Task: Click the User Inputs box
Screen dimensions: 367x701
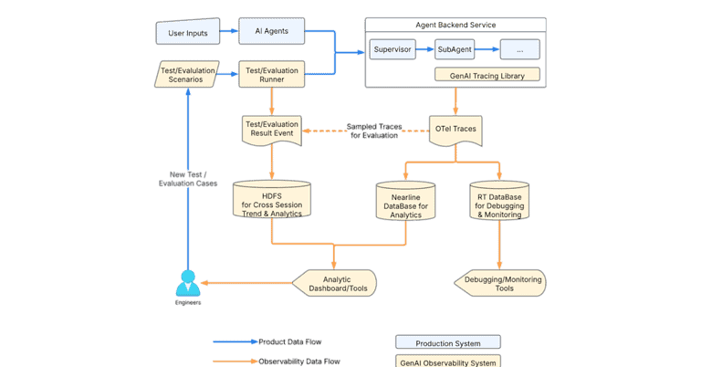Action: pos(188,34)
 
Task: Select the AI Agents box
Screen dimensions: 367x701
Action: pos(272,32)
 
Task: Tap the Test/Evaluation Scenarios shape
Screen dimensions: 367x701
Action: pos(187,74)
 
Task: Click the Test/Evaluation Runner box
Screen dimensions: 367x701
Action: pos(272,74)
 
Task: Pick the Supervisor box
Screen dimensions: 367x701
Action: pos(392,49)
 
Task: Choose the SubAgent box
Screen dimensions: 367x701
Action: pos(455,49)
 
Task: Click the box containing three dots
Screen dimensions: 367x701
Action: pos(519,49)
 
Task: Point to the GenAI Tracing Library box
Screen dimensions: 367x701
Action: pos(487,75)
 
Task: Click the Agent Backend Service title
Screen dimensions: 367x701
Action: pos(455,25)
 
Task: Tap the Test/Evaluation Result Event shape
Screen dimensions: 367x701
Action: pos(272,130)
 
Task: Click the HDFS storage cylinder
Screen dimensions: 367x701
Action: pos(272,199)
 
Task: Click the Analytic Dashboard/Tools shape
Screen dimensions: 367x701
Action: pos(337,283)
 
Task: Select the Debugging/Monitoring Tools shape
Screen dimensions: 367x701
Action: pos(499,283)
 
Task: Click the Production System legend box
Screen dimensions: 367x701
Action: pos(448,342)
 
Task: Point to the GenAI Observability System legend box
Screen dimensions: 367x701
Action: pos(448,362)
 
